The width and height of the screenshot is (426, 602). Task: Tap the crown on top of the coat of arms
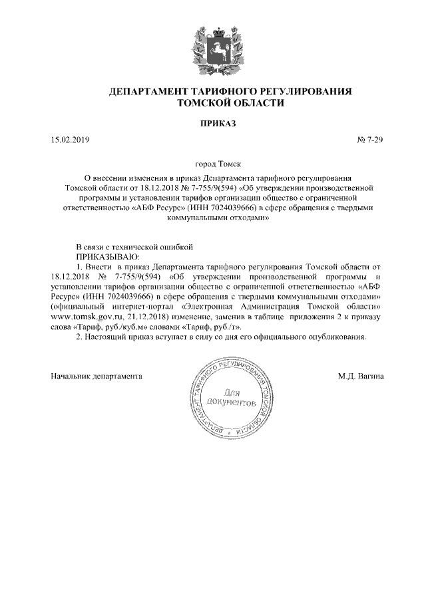point(213,28)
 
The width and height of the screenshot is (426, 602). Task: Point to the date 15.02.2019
point(70,140)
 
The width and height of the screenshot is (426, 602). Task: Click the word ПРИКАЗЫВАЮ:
point(107,255)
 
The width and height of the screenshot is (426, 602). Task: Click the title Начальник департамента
point(97,376)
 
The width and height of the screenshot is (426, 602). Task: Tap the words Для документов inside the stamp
point(231,398)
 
